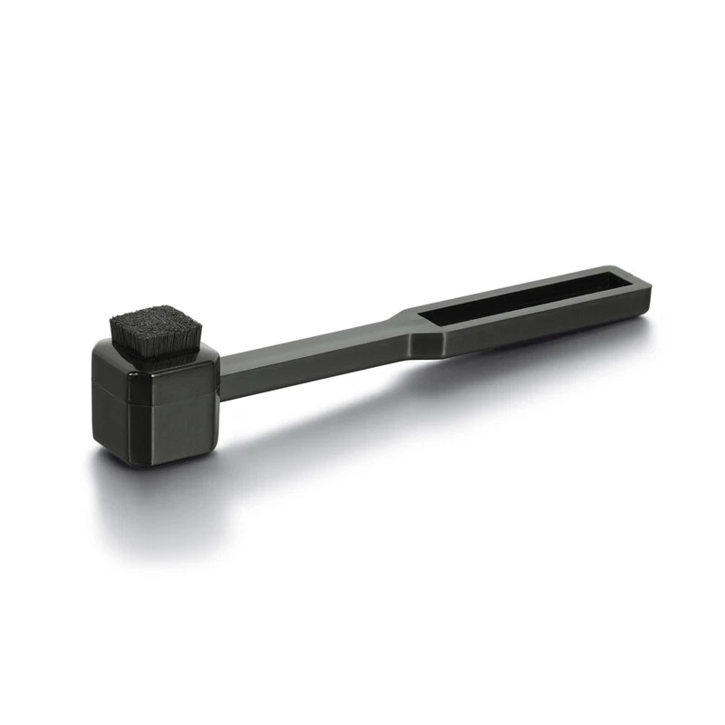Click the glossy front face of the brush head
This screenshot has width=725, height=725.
click(172, 412)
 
